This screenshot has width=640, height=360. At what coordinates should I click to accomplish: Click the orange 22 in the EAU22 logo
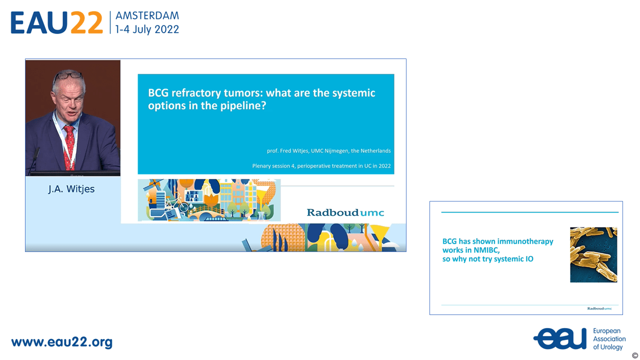pyautogui.click(x=86, y=22)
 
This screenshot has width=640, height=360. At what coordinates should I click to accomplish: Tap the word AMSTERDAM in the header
pyautogui.click(x=147, y=15)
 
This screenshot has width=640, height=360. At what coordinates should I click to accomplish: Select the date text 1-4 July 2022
pyautogui.click(x=147, y=29)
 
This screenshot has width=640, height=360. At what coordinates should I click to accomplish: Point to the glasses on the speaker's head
pyautogui.click(x=68, y=75)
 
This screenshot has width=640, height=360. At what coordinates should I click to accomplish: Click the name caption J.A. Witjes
pyautogui.click(x=71, y=189)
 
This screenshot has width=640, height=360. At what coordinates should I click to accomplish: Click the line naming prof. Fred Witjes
pyautogui.click(x=328, y=150)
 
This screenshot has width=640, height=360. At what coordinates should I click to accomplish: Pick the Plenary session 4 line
pyautogui.click(x=321, y=165)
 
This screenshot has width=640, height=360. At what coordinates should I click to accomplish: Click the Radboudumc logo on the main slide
pyautogui.click(x=345, y=212)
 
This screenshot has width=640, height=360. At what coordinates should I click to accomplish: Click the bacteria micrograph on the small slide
pyautogui.click(x=593, y=254)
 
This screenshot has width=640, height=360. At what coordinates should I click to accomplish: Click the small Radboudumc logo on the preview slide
pyautogui.click(x=599, y=308)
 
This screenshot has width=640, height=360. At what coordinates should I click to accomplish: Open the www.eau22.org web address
pyautogui.click(x=61, y=342)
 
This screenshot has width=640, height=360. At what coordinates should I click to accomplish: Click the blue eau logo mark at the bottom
pyautogui.click(x=560, y=338)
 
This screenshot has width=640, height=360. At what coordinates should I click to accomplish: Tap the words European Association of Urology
pyautogui.click(x=609, y=339)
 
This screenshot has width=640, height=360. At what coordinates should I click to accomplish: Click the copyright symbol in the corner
pyautogui.click(x=635, y=355)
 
